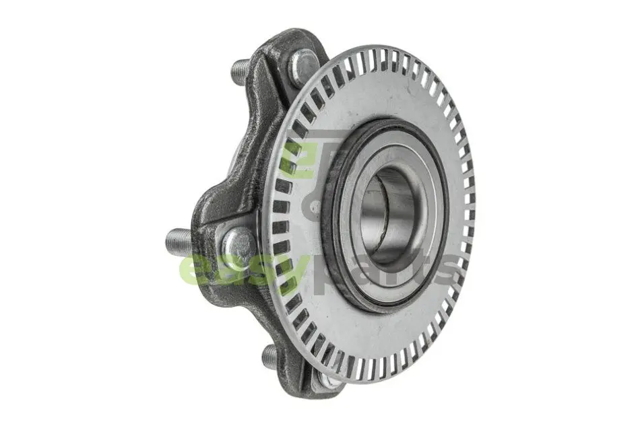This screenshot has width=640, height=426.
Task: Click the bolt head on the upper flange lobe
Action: coord(303,67)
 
